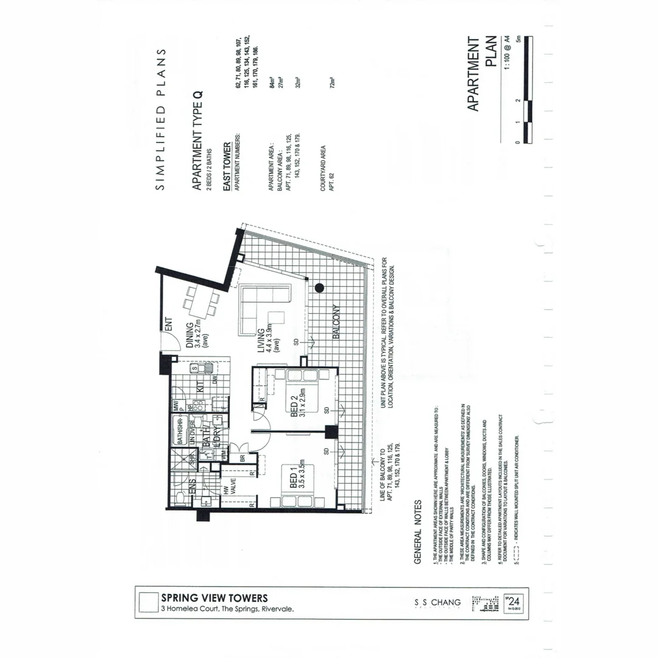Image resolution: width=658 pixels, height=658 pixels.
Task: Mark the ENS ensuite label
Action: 191,489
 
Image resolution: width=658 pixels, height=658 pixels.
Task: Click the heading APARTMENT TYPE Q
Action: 197,140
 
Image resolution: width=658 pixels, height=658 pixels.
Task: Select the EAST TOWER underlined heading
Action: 227,166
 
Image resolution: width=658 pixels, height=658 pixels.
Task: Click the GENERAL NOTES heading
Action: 418,532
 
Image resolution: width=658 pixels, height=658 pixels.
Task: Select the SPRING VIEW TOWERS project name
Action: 214,598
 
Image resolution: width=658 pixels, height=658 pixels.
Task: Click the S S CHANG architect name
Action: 437,603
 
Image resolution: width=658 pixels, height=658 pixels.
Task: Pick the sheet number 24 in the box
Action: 514,600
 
